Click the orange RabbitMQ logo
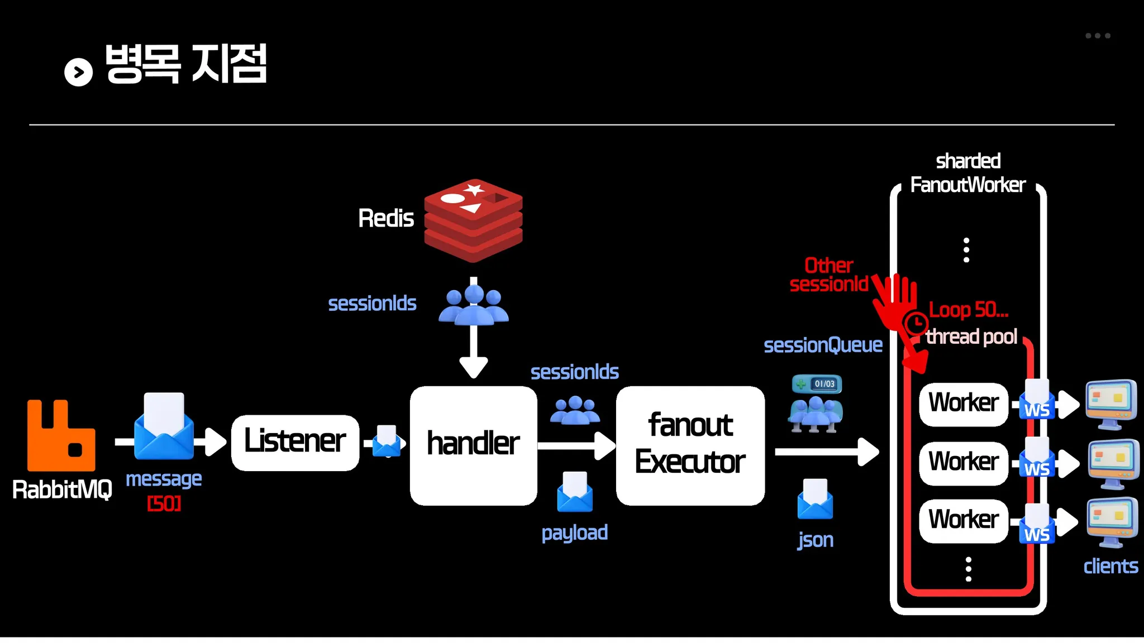61,436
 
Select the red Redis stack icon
473,220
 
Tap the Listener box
295,442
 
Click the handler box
473,445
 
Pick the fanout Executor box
690,445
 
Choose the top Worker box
963,404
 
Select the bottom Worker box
963,520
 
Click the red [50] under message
164,504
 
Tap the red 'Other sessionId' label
829,275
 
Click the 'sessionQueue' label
823,346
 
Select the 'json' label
816,540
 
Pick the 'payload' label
574,533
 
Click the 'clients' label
1110,567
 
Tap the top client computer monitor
1111,404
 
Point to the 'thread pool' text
971,337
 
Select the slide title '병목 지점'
186,64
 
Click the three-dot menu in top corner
1098,36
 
